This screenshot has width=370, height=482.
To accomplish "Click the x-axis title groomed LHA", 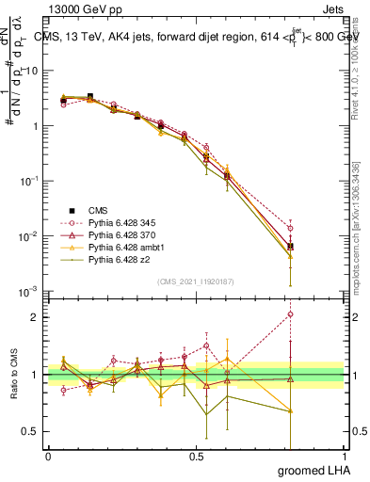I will point(320,470).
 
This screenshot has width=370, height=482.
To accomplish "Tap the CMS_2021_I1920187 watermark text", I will point(196,281).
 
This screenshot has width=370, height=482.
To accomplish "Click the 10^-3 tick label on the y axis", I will point(30,291).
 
